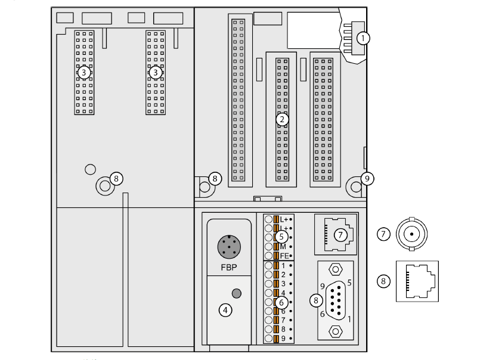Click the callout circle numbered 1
point(363,38)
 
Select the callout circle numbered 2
point(282,119)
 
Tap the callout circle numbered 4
point(225,310)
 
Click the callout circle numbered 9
point(368,178)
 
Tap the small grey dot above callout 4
point(236,293)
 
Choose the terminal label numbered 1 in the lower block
point(283,265)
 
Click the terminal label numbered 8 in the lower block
point(283,328)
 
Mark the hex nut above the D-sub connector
point(336,271)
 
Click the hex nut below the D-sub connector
point(336,331)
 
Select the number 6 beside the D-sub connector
point(323,314)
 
